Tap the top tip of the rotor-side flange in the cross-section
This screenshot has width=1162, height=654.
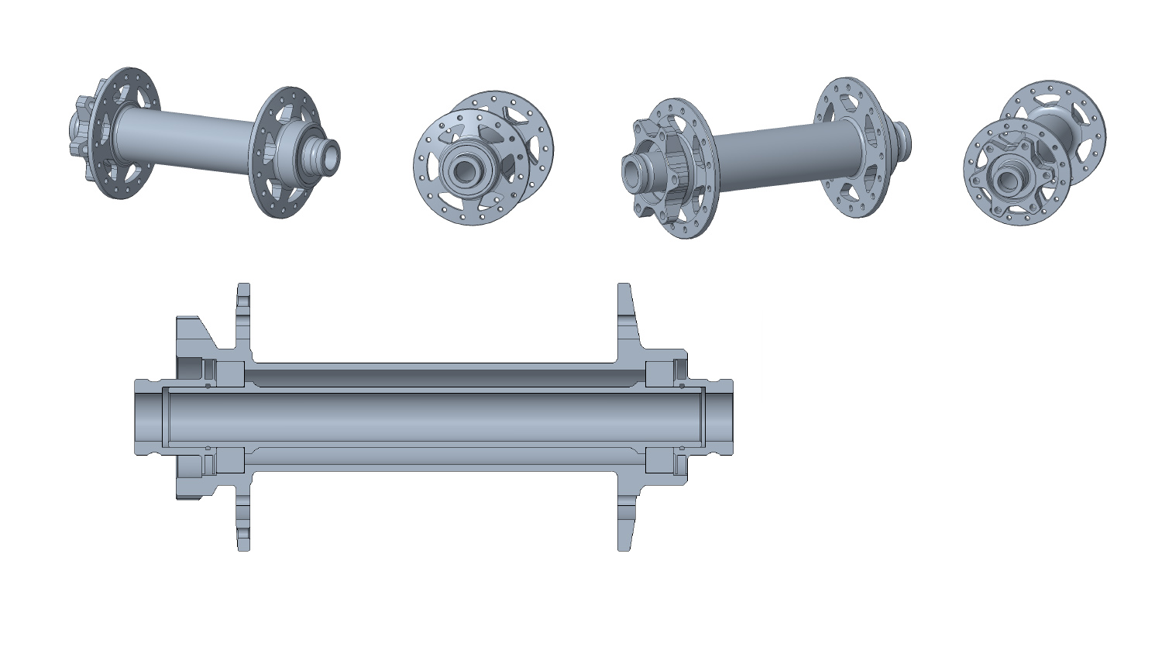(x=243, y=287)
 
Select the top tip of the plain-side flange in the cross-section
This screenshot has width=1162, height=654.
(x=624, y=287)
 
